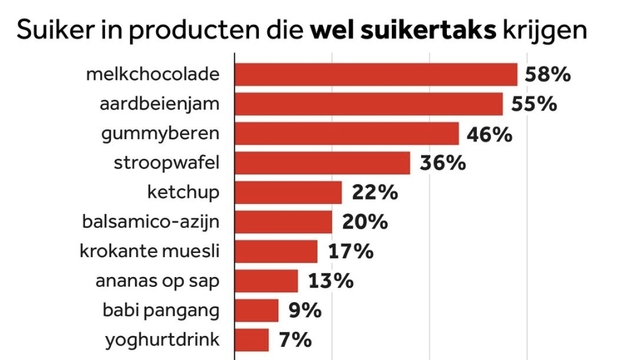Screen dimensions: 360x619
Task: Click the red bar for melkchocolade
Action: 376,74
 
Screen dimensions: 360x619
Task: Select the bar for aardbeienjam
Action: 369,104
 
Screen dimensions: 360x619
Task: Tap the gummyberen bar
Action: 347,134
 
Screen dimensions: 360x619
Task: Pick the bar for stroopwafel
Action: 322,163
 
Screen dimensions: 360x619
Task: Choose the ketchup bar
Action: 288,193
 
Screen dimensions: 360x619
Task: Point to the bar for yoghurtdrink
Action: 252,340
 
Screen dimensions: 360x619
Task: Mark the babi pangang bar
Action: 257,310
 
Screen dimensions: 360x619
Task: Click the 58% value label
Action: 547,74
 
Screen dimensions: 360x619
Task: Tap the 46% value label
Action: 489,134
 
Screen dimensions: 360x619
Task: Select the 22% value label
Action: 375,193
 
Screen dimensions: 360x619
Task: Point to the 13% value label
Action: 330,281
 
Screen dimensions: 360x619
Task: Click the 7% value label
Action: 295,340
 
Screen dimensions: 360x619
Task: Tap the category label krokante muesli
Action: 149,252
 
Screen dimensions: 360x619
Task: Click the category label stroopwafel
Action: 166,163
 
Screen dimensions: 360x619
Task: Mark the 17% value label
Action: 351,252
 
